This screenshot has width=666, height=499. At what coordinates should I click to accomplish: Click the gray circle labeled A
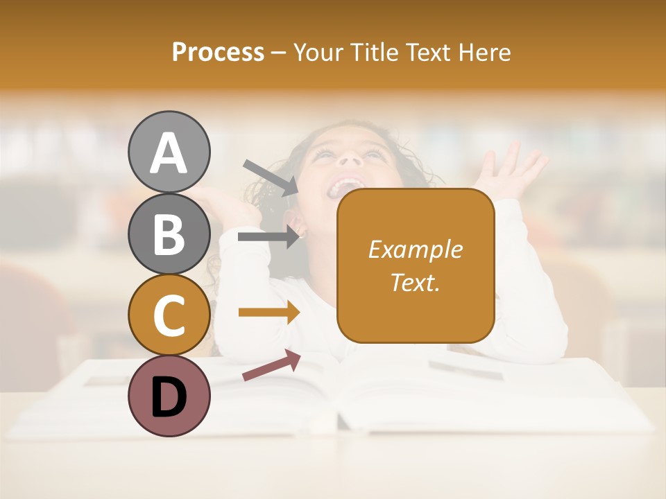point(169,152)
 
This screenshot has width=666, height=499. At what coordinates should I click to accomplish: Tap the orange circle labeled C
point(169,315)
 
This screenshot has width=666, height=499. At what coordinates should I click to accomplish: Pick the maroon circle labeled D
point(169,396)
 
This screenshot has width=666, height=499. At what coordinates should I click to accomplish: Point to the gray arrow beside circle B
point(268,237)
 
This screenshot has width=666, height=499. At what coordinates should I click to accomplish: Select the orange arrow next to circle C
point(268,313)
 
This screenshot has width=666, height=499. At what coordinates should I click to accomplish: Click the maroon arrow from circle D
point(271,365)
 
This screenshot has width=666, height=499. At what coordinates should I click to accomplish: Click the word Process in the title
point(218,53)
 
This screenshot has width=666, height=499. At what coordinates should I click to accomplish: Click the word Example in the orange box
point(415,249)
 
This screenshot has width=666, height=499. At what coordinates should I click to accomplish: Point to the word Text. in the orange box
point(415,283)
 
